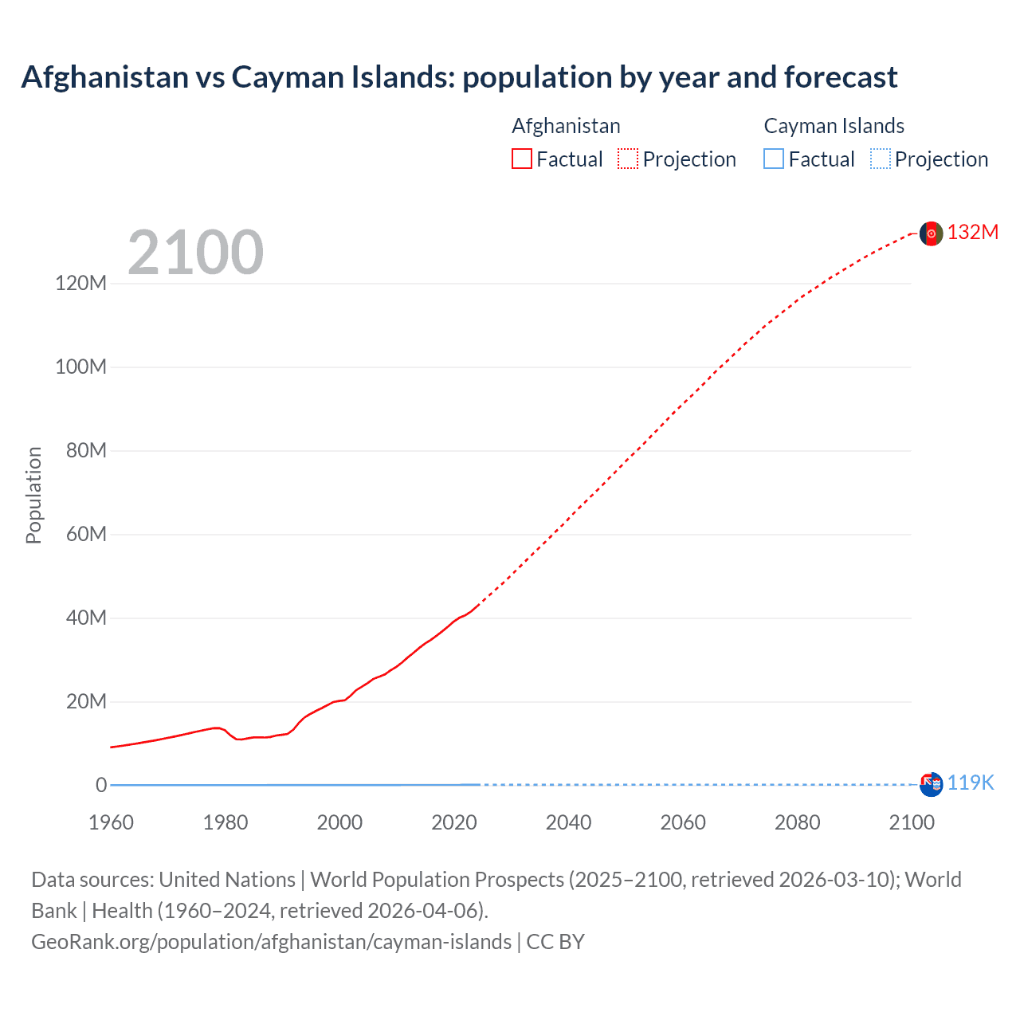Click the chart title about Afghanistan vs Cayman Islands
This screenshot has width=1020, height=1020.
point(459,77)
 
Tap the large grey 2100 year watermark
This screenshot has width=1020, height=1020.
point(195,253)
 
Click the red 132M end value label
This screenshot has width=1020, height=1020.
point(972,232)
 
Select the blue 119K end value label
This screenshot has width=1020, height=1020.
point(970,783)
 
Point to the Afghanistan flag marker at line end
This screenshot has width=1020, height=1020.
point(931,233)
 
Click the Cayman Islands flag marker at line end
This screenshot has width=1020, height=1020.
point(931,784)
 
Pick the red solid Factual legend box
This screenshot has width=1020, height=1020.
point(522,159)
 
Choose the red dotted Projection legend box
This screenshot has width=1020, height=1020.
point(628,159)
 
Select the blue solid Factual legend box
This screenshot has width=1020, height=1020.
point(774,159)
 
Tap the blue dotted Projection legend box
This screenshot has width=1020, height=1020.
point(881,159)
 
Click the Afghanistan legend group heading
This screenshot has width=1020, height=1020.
point(566,126)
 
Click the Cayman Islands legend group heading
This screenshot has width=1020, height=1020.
point(834,126)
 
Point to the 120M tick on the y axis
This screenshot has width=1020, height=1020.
point(80,283)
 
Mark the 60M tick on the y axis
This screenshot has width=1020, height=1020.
point(86,534)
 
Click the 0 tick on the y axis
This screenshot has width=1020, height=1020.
point(101,785)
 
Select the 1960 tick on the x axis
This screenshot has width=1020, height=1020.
point(111,822)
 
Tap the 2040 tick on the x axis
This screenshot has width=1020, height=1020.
point(568,822)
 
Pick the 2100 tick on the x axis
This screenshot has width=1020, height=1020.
point(912,822)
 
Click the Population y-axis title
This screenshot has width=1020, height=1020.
point(33,495)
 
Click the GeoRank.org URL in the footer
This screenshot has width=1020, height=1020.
point(271,942)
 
